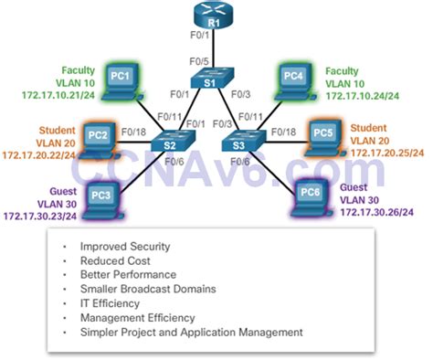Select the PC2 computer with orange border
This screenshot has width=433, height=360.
pyautogui.click(x=101, y=137)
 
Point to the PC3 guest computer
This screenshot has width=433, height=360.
pyautogui.click(x=103, y=195)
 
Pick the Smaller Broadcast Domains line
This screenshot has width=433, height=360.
pyautogui.click(x=147, y=289)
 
